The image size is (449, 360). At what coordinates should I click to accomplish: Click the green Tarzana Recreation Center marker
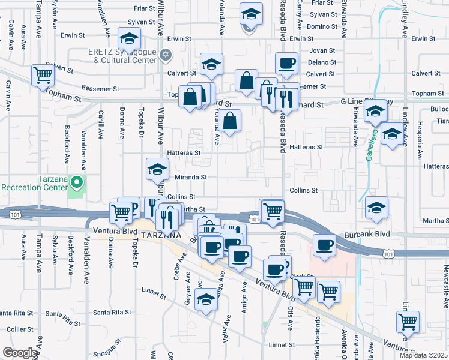coord(76,181)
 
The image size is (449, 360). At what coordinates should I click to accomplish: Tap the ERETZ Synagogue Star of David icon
coord(166,55)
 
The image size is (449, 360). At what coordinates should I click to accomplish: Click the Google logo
coord(20,353)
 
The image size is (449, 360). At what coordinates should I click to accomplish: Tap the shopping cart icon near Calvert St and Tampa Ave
coord(43,76)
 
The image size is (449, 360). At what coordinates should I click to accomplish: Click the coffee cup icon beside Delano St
coord(287,63)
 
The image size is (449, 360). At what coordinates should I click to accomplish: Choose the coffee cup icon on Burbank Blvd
coord(324,245)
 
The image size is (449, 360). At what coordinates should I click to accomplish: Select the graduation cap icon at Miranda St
coord(157,169)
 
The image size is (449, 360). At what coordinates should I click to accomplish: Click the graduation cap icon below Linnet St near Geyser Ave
coord(205,300)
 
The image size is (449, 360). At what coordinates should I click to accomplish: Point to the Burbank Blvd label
coord(367,234)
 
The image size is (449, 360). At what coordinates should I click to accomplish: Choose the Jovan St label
coord(323,50)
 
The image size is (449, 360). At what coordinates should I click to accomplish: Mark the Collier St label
coord(20,329)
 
